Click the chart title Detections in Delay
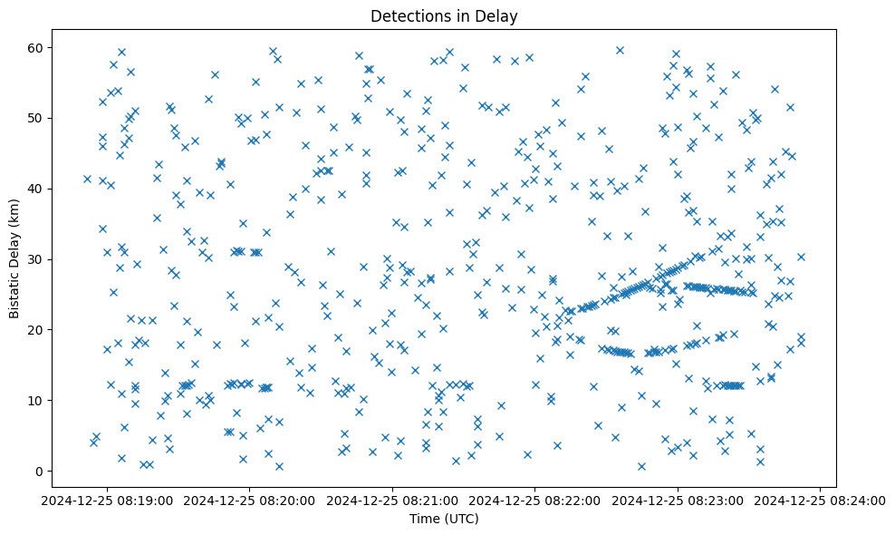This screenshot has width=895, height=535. coord(444,15)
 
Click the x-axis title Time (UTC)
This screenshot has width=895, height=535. coord(444,520)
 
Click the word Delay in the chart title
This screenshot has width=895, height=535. coord(499,15)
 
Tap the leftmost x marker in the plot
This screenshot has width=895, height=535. coord(87,179)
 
